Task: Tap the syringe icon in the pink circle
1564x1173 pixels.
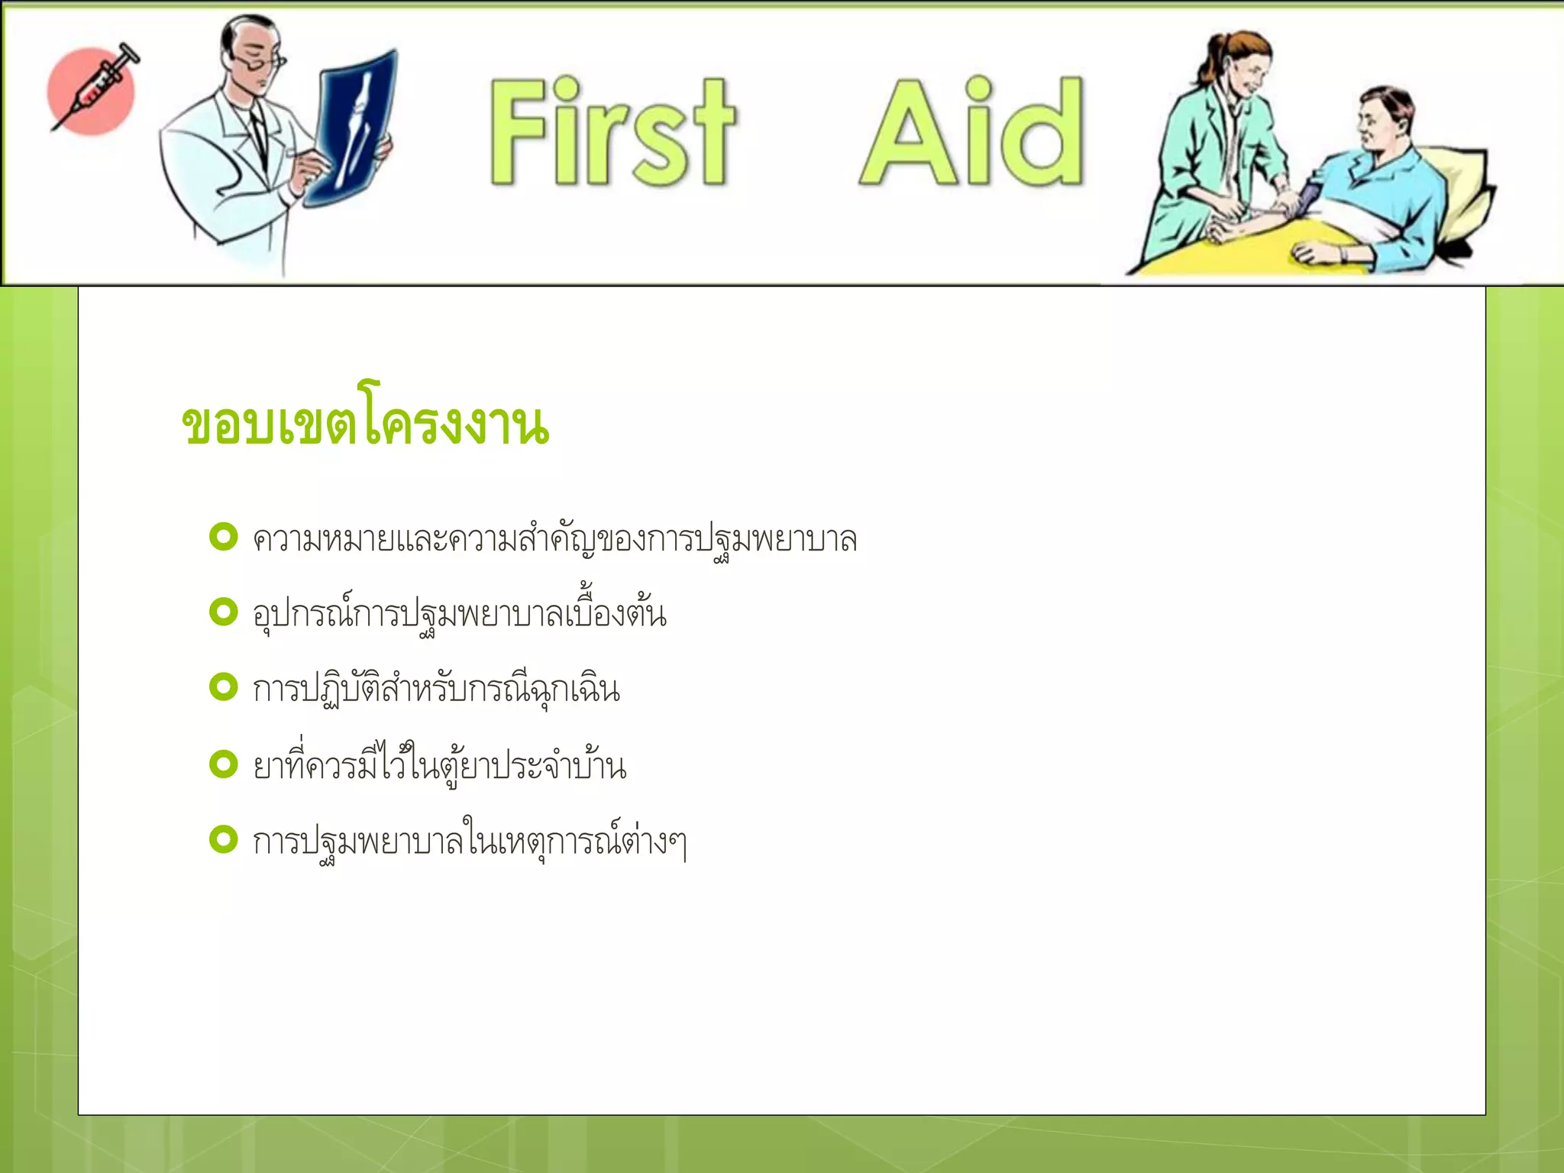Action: (x=93, y=90)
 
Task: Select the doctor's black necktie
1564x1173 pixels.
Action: (x=258, y=137)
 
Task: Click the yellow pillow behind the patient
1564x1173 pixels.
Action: (x=1462, y=191)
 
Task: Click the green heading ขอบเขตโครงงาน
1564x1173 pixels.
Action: (x=365, y=424)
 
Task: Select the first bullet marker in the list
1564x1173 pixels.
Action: (x=224, y=537)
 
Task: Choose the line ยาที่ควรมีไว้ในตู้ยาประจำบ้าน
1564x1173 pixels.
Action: (x=439, y=766)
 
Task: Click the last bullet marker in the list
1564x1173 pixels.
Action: (x=224, y=840)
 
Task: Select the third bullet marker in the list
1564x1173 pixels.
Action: (x=224, y=687)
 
